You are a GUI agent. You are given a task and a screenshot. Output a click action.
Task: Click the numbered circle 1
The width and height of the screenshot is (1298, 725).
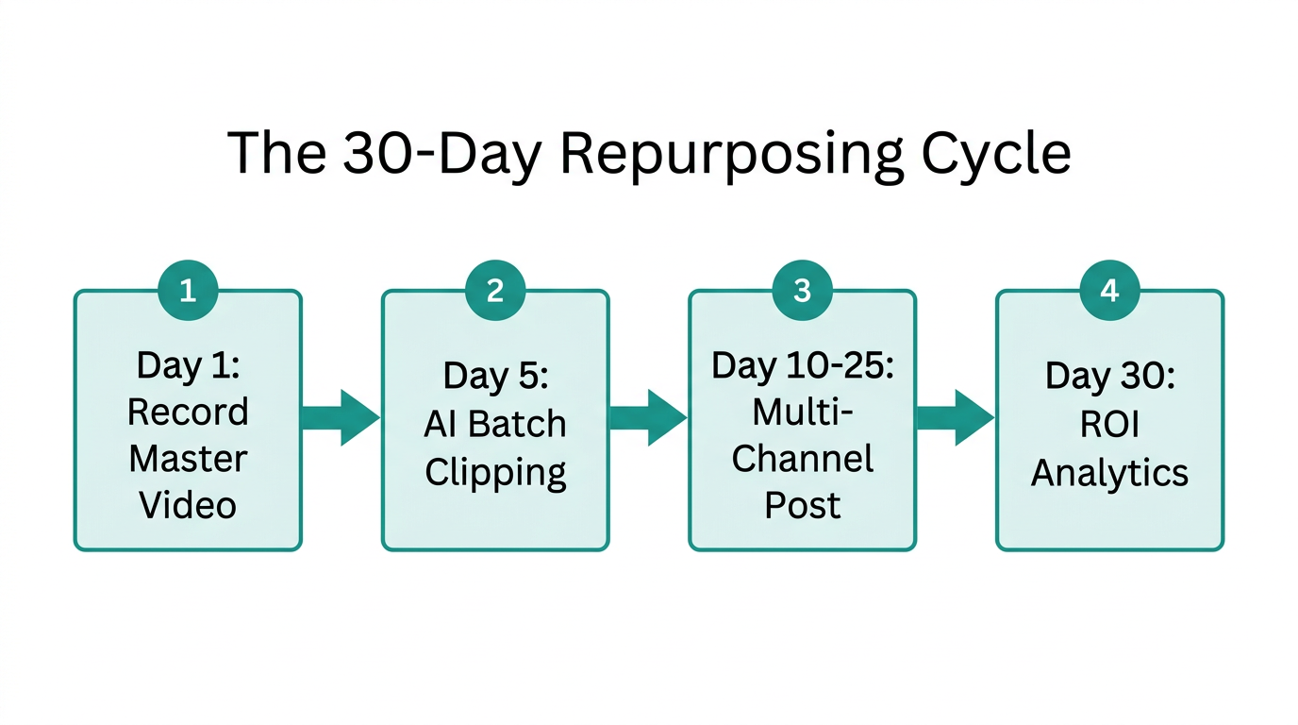pos(188,291)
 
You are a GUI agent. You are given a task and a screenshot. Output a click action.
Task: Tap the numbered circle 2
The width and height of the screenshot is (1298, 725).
pos(495,291)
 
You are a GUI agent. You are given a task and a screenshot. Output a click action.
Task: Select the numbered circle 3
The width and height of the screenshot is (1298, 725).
pos(802,291)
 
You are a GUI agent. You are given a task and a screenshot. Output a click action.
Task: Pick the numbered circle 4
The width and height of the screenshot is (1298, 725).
pos(1109,291)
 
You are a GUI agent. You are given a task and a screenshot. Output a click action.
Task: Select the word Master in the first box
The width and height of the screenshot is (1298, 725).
pos(188,459)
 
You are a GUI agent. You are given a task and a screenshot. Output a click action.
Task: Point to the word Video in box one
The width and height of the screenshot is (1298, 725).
pos(188,505)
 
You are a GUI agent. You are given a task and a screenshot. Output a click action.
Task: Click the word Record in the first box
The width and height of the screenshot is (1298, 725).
pos(188,413)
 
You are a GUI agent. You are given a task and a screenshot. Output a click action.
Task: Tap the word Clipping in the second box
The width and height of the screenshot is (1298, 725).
pos(495,472)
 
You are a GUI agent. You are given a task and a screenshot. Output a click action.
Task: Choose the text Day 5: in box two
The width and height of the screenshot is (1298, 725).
pos(495,376)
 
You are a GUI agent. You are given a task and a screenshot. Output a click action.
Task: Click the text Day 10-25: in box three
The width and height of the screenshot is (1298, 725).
pos(802,365)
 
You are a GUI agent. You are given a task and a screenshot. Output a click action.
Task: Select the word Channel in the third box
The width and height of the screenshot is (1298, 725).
pos(802,459)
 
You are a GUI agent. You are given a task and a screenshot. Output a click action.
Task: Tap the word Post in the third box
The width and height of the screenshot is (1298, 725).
pos(802,505)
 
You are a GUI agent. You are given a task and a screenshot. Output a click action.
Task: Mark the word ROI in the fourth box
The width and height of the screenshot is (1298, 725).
pos(1109,425)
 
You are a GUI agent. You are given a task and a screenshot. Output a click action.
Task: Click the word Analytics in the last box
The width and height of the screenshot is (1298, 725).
pos(1109,472)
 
